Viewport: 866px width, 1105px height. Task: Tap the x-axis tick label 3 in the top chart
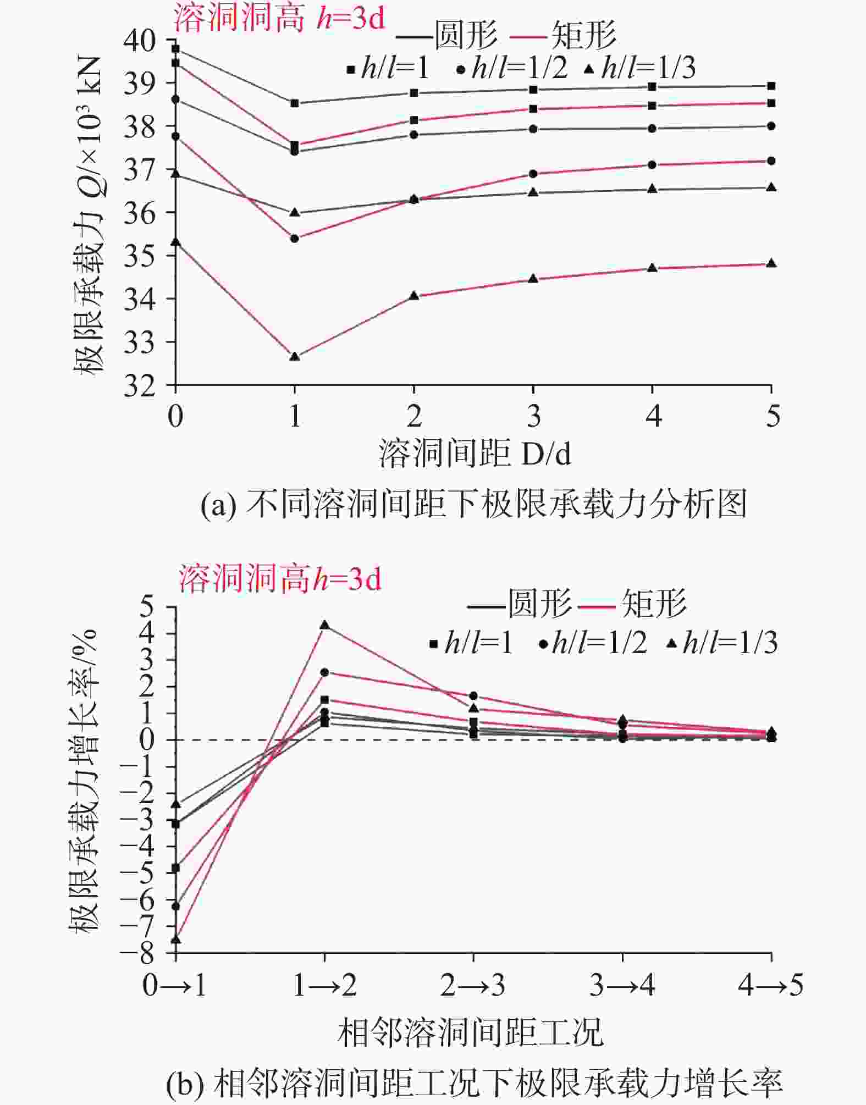tap(533, 416)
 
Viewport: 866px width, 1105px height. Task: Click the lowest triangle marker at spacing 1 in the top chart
tap(295, 356)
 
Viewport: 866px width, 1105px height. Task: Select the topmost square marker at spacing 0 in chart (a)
tap(175, 49)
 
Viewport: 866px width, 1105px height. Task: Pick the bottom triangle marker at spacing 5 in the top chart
tap(771, 263)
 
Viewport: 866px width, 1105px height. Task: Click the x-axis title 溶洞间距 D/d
tap(475, 454)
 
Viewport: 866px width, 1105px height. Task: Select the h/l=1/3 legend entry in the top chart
tap(640, 68)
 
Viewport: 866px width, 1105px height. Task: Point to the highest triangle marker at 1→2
tap(324, 625)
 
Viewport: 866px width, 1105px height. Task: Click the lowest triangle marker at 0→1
tap(175, 939)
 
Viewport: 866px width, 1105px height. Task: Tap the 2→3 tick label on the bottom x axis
tap(473, 985)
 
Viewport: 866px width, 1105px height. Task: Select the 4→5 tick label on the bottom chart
tap(771, 985)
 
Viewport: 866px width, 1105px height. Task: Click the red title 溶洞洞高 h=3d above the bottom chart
tap(279, 579)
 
